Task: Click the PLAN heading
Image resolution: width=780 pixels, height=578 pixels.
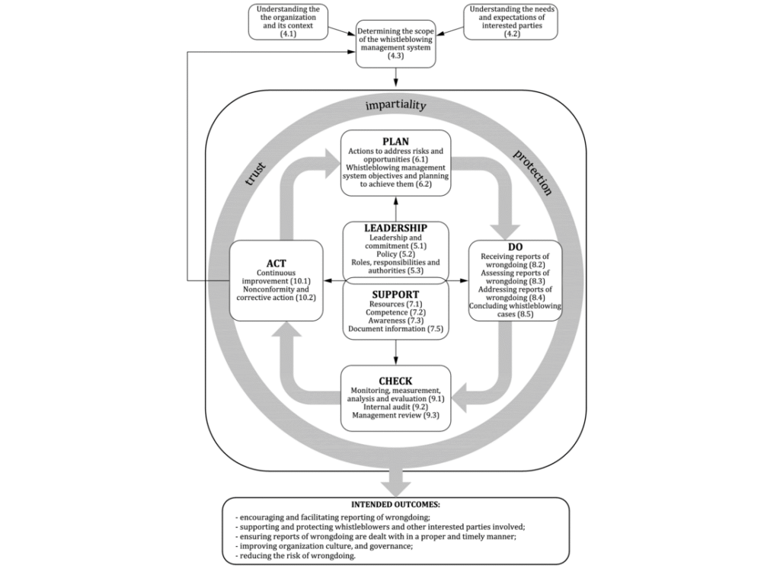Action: [x=395, y=141]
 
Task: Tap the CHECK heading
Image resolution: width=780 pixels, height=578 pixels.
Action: [x=395, y=381]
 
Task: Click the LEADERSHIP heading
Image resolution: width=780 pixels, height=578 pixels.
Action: [x=395, y=228]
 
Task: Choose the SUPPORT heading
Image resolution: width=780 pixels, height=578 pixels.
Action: [x=395, y=294]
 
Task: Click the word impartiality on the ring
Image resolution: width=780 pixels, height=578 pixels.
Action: [x=395, y=106]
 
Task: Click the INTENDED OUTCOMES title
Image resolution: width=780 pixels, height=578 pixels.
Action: [x=395, y=505]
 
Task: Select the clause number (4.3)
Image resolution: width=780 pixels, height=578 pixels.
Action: [x=395, y=56]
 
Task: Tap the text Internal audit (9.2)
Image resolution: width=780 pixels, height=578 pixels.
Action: [x=395, y=407]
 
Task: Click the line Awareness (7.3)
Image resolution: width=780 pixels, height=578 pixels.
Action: [x=395, y=321]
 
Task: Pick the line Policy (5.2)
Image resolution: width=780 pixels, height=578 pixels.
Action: [x=395, y=254]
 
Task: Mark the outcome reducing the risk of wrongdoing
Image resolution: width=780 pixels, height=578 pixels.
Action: [x=297, y=556]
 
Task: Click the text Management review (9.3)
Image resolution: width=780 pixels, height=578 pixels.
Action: [x=395, y=417]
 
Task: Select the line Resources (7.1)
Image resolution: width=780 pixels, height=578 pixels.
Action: [x=395, y=304]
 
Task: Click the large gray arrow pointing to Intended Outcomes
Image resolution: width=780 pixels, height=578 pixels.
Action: [x=395, y=480]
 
